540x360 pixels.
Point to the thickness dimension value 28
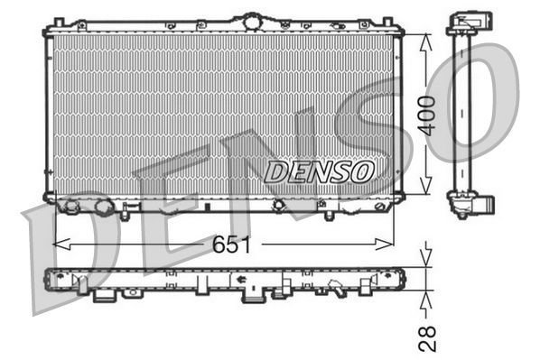430,337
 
